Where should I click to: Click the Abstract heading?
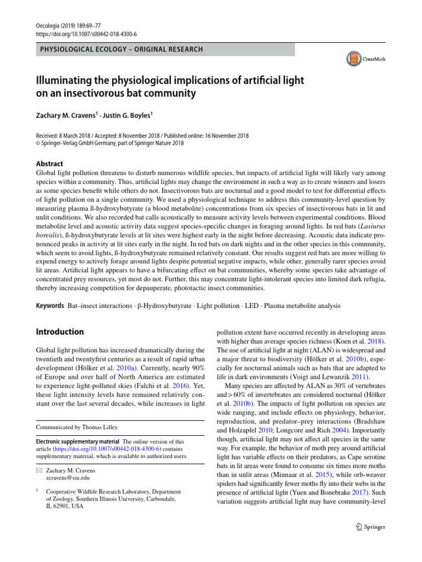49,164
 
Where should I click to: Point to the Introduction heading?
59,332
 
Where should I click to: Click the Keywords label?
49,305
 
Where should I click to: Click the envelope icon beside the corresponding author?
38,471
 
